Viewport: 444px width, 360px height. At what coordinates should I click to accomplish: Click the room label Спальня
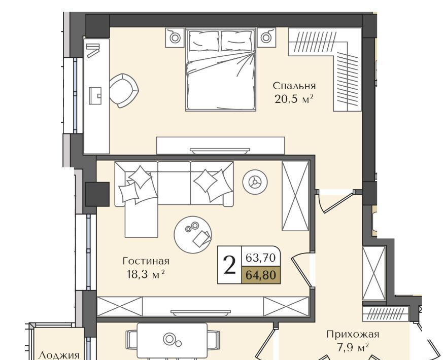click(294, 86)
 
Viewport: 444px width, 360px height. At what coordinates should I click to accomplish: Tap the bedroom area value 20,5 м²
click(294, 99)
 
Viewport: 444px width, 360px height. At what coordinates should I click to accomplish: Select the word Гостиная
click(146, 261)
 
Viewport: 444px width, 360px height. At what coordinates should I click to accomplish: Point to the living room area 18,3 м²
click(146, 274)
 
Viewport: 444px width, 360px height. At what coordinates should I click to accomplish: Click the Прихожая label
click(353, 334)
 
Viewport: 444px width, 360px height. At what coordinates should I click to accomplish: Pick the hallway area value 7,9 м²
click(353, 347)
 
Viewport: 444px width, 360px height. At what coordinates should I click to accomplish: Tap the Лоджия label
click(59, 355)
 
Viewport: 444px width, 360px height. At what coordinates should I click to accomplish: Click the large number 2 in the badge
click(229, 265)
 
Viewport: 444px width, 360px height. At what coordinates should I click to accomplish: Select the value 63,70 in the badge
click(260, 258)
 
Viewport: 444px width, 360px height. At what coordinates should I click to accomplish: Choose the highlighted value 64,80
click(260, 275)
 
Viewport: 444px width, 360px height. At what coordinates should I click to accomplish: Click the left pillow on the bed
click(203, 41)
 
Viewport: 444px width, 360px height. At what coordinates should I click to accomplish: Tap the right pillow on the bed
click(237, 41)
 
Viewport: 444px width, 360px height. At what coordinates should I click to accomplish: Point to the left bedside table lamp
click(175, 37)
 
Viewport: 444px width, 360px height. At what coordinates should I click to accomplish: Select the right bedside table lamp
click(266, 37)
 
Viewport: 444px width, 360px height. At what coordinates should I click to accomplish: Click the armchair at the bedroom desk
click(123, 90)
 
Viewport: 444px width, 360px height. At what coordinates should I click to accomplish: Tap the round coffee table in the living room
click(193, 235)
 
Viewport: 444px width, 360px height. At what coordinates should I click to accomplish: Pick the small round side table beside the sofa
click(255, 182)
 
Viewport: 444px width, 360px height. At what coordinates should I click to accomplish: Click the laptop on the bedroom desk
click(95, 96)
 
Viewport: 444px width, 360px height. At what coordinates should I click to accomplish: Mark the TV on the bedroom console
click(220, 151)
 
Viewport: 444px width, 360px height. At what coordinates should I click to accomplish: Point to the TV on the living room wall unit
click(200, 312)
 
